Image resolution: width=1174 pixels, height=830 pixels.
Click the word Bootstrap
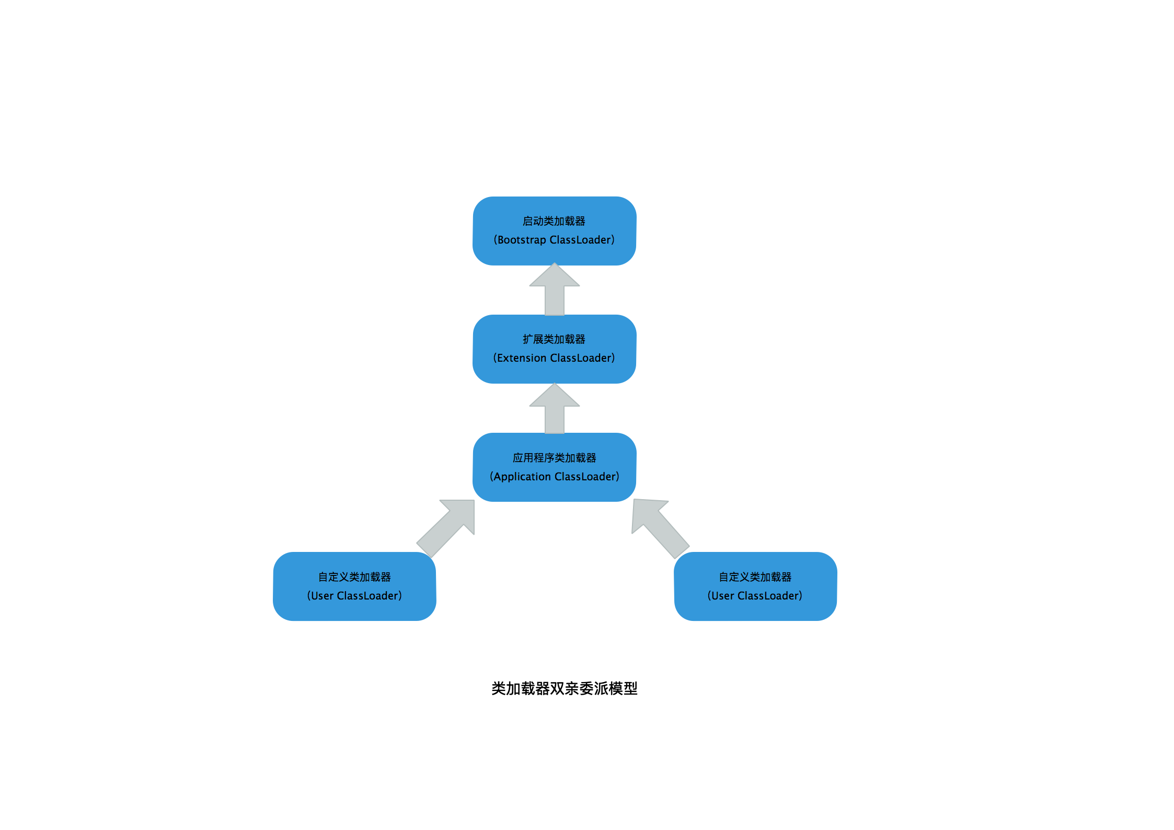[x=522, y=240]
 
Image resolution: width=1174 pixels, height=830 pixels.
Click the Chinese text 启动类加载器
[x=554, y=221]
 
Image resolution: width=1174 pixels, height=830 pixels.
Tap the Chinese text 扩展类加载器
[x=554, y=339]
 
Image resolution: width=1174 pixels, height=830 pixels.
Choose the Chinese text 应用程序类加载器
[x=554, y=458]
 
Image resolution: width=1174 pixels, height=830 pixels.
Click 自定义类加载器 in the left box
[x=354, y=577]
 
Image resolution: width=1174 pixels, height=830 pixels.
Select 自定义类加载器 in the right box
[x=755, y=577]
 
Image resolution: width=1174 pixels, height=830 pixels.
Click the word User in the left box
[x=322, y=596]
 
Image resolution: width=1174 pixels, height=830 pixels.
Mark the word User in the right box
[x=723, y=596]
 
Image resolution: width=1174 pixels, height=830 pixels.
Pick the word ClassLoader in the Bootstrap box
[x=580, y=240]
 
